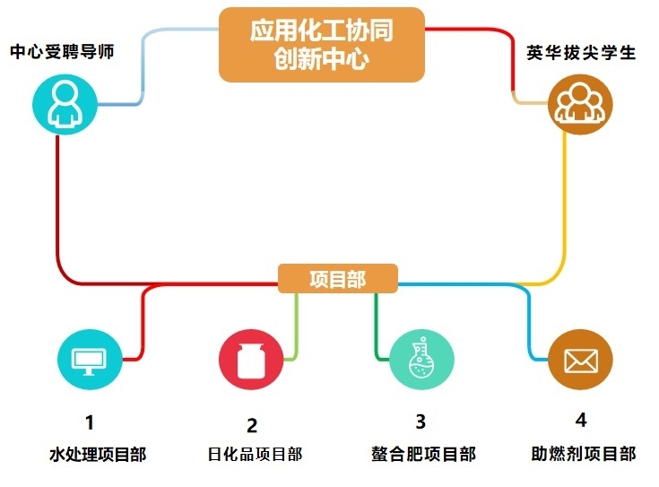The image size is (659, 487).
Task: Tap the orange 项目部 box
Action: (337, 279)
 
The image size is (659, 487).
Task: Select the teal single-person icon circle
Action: (64, 104)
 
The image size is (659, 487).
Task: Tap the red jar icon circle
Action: (251, 360)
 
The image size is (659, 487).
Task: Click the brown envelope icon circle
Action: (580, 360)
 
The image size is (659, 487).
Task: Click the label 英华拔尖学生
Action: (581, 52)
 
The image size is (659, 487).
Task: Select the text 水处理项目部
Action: (98, 454)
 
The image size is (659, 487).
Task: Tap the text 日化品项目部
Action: (255, 454)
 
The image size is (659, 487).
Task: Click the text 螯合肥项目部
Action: (423, 454)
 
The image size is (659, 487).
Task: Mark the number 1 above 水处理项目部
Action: (89, 422)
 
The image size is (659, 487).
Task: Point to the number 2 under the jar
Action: (252, 425)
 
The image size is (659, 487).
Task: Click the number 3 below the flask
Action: (421, 421)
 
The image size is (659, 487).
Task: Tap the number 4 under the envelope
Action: (581, 420)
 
